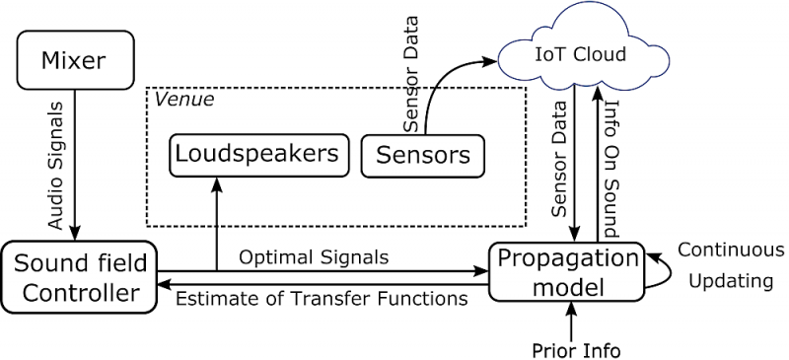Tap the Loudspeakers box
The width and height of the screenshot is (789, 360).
(x=257, y=153)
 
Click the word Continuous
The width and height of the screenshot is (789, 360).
(x=730, y=250)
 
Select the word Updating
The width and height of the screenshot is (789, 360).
(x=730, y=280)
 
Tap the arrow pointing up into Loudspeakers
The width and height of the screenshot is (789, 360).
(x=216, y=222)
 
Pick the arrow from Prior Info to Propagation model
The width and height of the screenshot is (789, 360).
(x=571, y=320)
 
